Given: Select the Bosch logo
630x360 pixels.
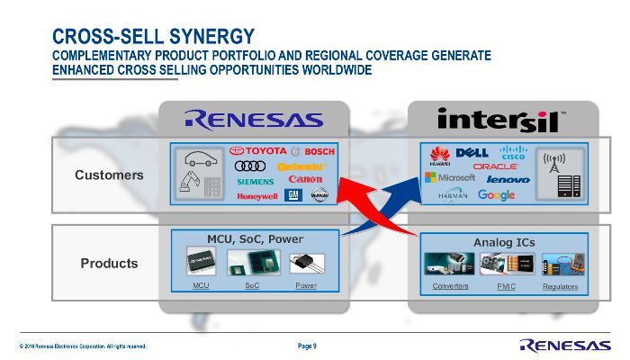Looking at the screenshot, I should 313,151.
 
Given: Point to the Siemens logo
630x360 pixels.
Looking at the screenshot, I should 255,181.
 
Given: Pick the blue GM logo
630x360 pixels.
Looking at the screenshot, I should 292,194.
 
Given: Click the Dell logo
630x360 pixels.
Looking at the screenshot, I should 472,153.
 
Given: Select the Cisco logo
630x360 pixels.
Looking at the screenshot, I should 513,152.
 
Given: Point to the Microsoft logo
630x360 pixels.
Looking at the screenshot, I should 450,178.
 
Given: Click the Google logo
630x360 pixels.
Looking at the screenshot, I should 496,194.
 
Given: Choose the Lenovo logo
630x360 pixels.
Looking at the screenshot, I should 508,180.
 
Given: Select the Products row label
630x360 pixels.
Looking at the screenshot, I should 109,263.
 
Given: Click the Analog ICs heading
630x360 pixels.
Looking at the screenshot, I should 504,242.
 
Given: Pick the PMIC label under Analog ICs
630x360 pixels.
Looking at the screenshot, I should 506,286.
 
